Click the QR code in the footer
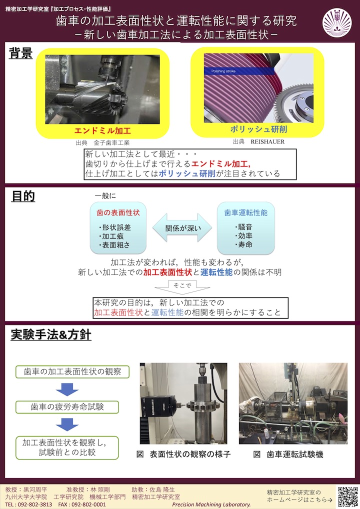(x=348, y=496)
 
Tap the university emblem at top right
(x=337, y=22)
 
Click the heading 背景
(x=21, y=53)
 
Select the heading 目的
(x=23, y=196)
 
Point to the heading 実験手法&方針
(x=51, y=334)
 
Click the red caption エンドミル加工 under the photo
(x=102, y=131)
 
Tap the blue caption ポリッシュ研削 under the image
(x=258, y=129)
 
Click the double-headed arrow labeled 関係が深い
(x=182, y=228)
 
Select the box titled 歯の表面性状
(x=118, y=228)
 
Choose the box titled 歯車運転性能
(x=245, y=228)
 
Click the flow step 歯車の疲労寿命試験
(x=67, y=406)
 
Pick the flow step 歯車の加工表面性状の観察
(x=72, y=371)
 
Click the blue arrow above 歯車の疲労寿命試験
(x=67, y=389)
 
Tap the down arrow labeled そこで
(x=182, y=287)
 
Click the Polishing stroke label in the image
(x=223, y=71)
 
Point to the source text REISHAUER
(x=267, y=141)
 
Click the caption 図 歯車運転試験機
(x=288, y=454)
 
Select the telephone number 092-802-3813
(x=34, y=504)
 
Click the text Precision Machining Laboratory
(x=211, y=504)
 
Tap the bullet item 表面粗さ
(x=114, y=245)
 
